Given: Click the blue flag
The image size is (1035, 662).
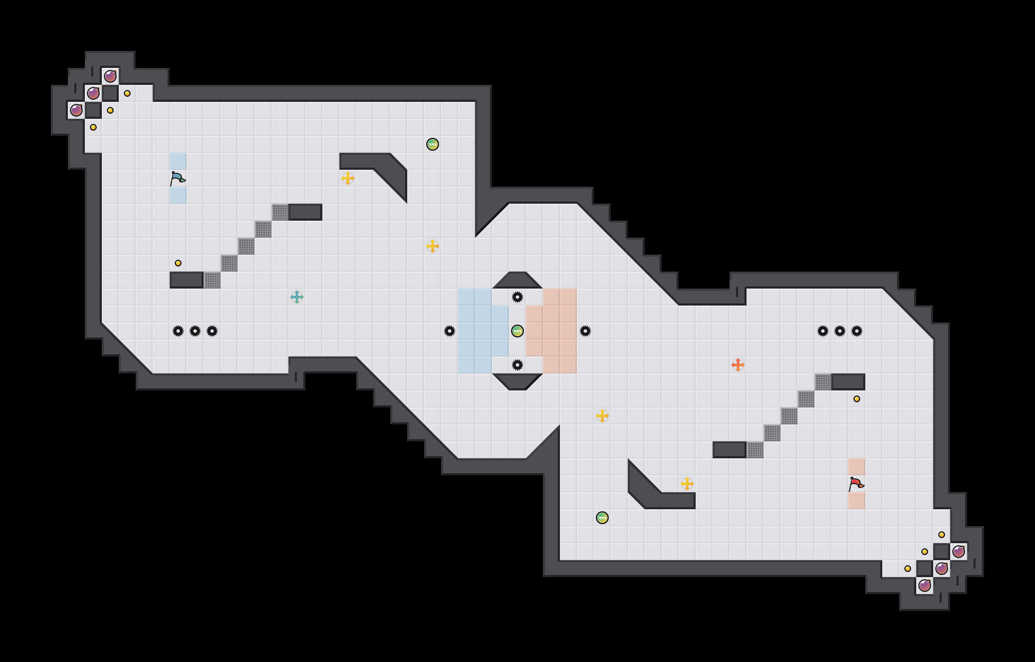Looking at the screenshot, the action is (177, 178).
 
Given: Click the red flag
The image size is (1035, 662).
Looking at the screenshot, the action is (856, 484).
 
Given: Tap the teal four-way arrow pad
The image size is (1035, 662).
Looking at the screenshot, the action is (297, 297).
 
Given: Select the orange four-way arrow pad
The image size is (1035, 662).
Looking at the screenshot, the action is (738, 365).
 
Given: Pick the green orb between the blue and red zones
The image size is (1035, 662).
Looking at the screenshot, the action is (517, 331).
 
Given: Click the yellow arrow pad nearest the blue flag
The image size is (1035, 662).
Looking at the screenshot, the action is (348, 178).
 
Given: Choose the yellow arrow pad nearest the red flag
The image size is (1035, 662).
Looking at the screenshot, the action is (687, 484).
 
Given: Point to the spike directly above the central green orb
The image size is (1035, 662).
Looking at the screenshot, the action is (517, 297).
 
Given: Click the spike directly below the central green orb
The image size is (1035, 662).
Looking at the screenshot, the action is (517, 365).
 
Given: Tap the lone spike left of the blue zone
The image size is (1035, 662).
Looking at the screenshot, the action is (450, 331).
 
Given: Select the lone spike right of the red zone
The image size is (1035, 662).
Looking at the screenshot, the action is (585, 331).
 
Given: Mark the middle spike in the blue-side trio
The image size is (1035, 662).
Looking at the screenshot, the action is (195, 331).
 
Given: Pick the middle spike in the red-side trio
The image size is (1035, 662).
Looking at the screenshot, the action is (840, 331).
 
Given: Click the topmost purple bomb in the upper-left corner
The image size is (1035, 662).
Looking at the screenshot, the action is (110, 76).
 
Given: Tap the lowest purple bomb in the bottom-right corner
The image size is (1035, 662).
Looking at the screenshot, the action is (925, 585).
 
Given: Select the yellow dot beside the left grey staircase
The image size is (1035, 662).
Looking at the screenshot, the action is (178, 263).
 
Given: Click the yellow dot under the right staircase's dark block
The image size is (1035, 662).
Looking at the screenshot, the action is (856, 399).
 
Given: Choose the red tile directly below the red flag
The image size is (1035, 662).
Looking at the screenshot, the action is (856, 501).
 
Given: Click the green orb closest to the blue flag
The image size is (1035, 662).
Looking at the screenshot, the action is (433, 144).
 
